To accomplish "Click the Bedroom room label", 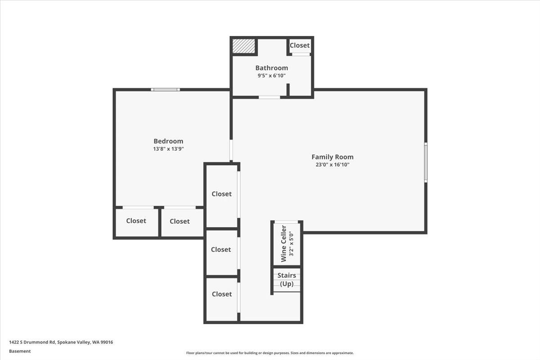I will coord(168,141).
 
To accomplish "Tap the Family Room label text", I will coord(333,157).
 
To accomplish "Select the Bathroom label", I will coord(271,68).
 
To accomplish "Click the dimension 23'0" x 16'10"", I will coord(333,165).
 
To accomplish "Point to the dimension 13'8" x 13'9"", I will coord(168,149).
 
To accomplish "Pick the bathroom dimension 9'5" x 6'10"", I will coord(271,76).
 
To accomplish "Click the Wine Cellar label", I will coord(283,243).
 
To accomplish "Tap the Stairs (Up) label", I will coord(287,279).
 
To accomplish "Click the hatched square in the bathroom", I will coord(244,46).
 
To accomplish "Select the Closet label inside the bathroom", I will coord(299,45).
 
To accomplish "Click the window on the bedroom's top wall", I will coord(165,90).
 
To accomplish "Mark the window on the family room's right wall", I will coord(426,162).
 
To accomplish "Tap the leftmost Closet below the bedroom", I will coord(136,221).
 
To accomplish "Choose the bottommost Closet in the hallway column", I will coord(221,294).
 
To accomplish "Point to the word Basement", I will coord(20,351).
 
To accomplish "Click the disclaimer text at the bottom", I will coord(270,353).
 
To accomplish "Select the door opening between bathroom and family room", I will coord(269,97).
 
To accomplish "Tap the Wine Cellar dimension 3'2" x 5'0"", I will coord(291,243).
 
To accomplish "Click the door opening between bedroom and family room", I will coord(231,150).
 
